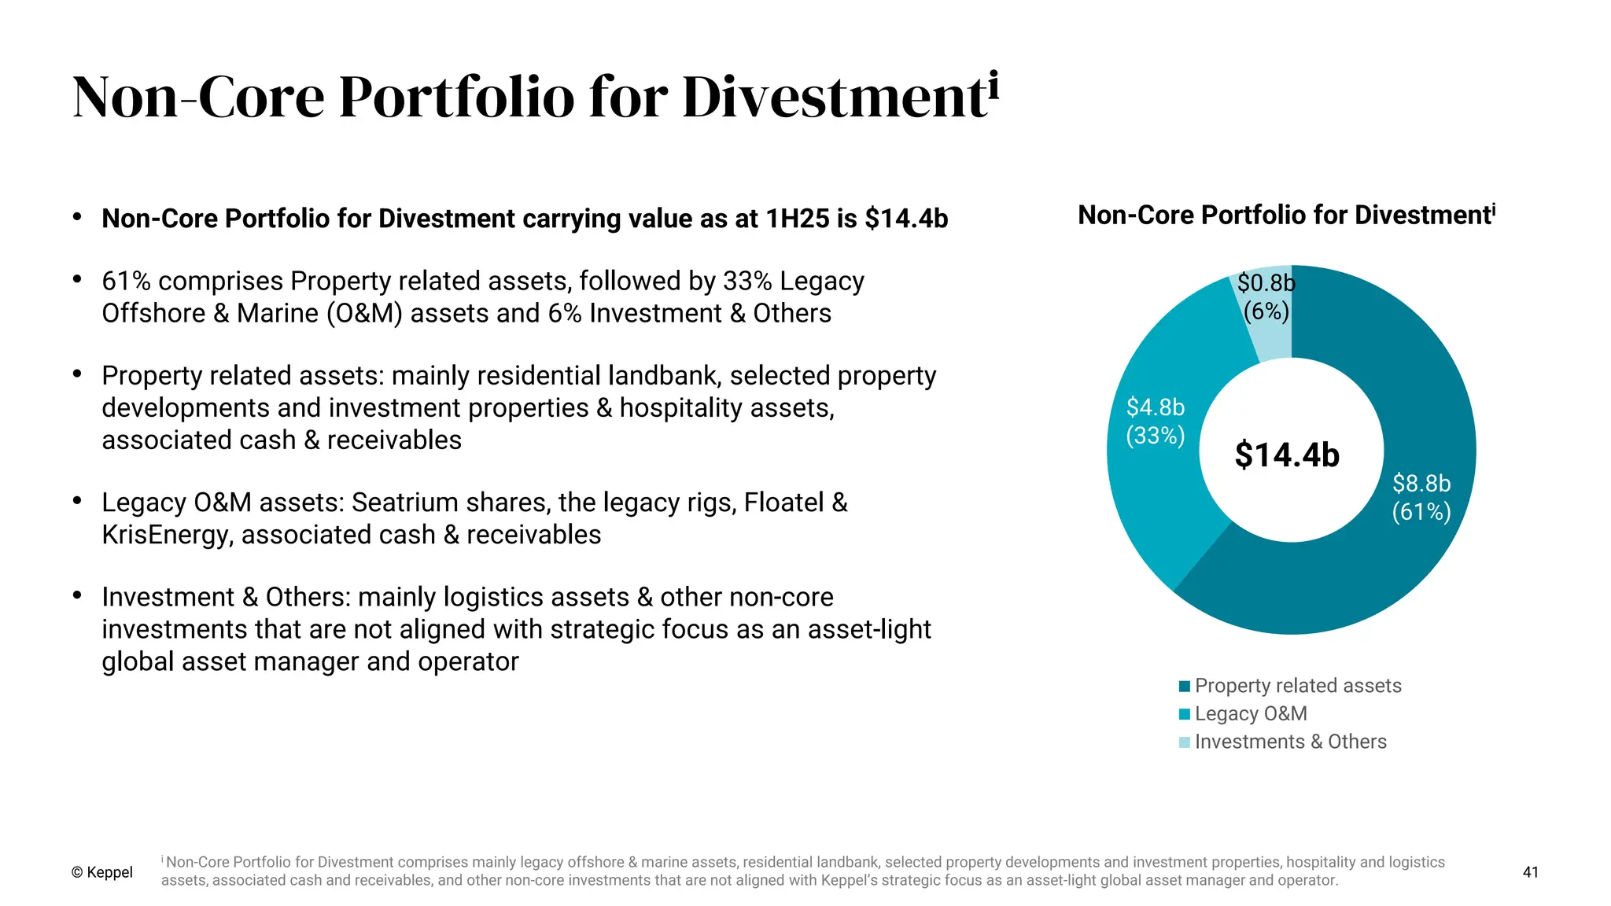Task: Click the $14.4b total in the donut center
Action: click(x=1287, y=455)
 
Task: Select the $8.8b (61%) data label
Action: click(x=1421, y=497)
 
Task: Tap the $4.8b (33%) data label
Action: click(x=1155, y=421)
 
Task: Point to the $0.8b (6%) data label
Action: click(x=1266, y=296)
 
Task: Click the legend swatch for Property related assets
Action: click(x=1185, y=686)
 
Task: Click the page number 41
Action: click(x=1530, y=871)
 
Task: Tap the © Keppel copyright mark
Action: click(x=102, y=872)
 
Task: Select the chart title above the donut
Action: click(x=1286, y=215)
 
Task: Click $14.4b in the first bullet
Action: click(x=906, y=218)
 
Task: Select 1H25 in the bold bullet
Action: click(x=797, y=218)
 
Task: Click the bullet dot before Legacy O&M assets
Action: click(x=77, y=500)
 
